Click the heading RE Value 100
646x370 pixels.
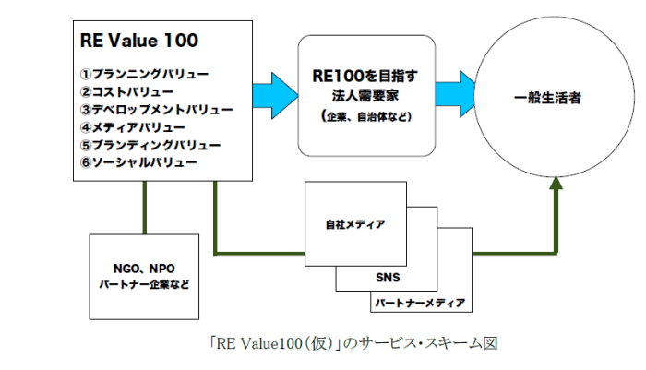click(139, 41)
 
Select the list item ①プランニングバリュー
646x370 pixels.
click(144, 74)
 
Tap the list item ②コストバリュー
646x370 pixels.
click(127, 92)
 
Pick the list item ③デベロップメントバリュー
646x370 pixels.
click(156, 110)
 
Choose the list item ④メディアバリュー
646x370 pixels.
click(132, 127)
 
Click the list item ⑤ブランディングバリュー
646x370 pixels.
click(150, 145)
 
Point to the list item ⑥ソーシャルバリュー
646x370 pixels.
click(138, 162)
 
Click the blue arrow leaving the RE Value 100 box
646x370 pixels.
click(275, 96)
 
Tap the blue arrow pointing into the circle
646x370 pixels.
click(456, 94)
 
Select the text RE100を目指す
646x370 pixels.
click(365, 76)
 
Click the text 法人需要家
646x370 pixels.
click(365, 96)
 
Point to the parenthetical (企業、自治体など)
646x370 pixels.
click(366, 116)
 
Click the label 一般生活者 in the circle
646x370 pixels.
click(547, 98)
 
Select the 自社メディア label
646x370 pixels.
click(355, 224)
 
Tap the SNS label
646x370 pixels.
click(388, 278)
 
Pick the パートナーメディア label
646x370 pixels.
click(420, 304)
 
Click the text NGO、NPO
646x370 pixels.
click(144, 269)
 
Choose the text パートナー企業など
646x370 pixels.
click(144, 284)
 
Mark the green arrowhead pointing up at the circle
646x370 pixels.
click(556, 183)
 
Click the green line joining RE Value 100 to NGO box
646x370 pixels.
click(145, 208)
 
